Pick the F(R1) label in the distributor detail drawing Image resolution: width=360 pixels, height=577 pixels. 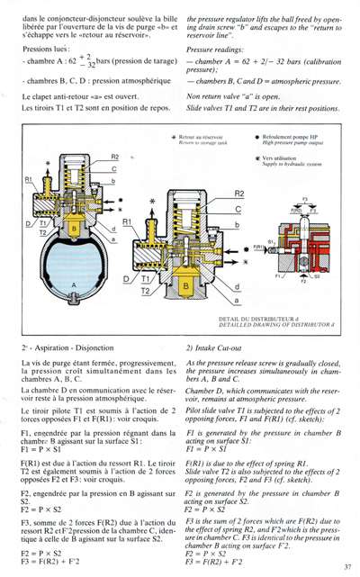[258, 247]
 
